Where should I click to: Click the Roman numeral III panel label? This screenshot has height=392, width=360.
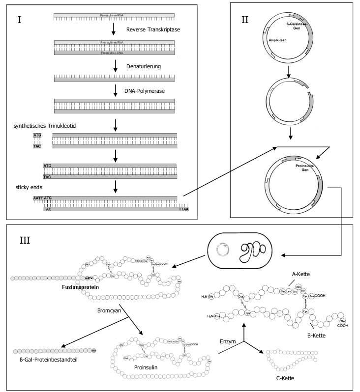coord(25,241)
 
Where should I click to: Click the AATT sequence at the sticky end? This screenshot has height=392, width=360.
coord(38,198)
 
